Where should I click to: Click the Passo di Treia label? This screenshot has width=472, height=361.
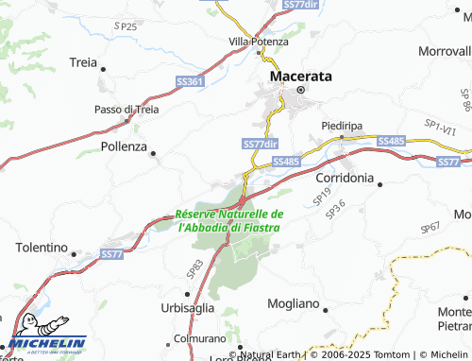(x=126, y=110)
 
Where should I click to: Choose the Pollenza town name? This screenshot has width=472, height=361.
(x=124, y=147)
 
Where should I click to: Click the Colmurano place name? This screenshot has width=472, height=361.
(x=199, y=337)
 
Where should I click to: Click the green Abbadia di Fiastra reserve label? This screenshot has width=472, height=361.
(x=230, y=220)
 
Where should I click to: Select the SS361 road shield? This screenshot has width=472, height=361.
(x=190, y=83)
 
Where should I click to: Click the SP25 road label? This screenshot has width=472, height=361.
(x=125, y=26)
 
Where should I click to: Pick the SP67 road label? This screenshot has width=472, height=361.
(x=430, y=228)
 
